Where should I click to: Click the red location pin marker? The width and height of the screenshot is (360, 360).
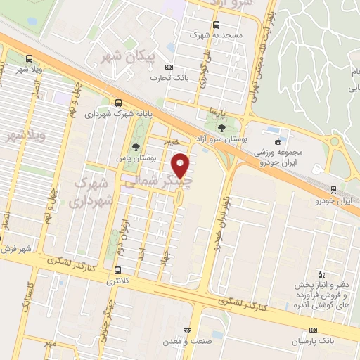point(181,165)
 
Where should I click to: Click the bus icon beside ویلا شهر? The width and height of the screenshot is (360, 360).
point(29,59)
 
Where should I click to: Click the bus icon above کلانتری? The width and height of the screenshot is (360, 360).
point(117,269)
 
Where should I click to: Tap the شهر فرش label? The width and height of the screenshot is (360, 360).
point(15,249)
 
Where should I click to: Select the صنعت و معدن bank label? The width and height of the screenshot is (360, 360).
point(187,341)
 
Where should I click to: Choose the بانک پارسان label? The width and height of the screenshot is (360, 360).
point(313,341)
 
